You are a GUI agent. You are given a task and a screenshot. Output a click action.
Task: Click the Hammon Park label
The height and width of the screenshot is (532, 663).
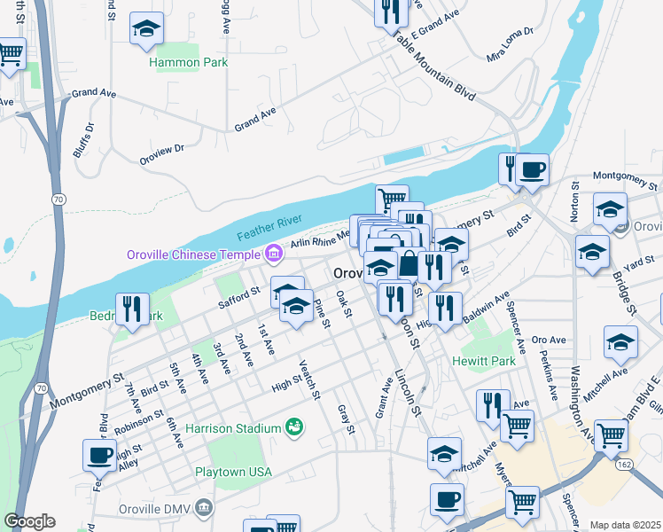tap(189, 62)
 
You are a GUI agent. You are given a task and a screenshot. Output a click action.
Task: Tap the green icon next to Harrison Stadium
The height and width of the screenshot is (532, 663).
tap(293, 427)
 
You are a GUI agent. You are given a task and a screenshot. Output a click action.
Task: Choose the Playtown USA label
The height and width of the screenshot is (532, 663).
tap(233, 472)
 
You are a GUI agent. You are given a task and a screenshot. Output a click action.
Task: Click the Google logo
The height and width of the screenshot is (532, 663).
tap(29, 521)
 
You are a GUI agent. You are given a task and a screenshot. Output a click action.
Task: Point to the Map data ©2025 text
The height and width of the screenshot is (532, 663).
tap(625, 525)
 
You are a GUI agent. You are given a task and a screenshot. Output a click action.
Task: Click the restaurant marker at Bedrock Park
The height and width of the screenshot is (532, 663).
tap(131, 309)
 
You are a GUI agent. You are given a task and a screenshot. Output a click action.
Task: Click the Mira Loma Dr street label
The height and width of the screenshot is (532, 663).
tap(510, 44)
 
